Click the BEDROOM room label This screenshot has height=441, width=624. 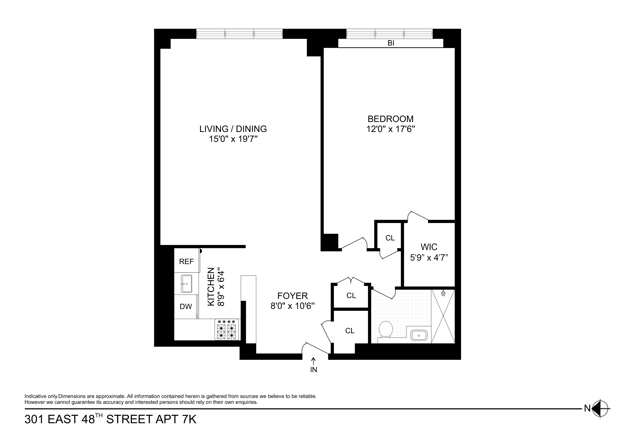(391, 119)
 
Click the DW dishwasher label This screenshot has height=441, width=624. (186, 307)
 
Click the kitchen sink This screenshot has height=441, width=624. (186, 284)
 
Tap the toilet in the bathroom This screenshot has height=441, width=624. (386, 329)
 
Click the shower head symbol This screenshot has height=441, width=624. (443, 293)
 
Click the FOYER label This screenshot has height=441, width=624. (292, 296)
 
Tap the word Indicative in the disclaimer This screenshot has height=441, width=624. (36, 396)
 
